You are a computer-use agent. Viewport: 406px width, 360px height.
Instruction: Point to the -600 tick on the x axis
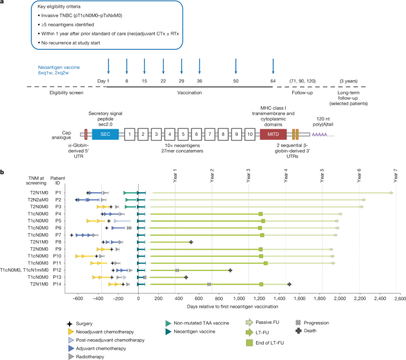(77, 300)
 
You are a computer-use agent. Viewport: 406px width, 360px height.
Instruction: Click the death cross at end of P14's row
(289, 284)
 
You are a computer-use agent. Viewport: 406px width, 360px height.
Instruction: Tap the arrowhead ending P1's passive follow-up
(391, 193)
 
